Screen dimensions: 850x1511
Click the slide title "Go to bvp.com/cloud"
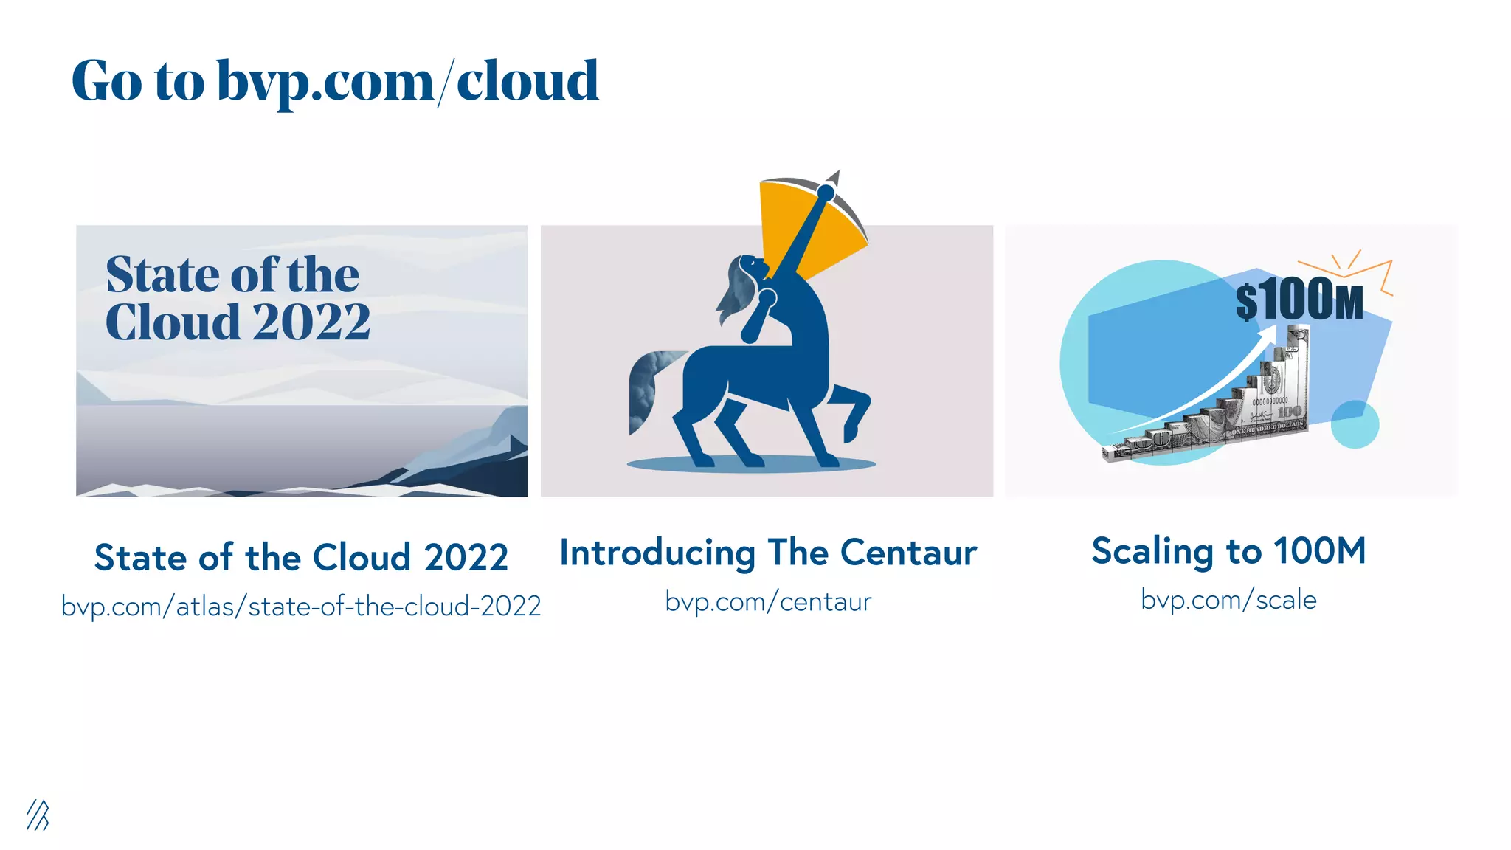coord(335,80)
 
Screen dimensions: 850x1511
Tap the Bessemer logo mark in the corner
coord(38,815)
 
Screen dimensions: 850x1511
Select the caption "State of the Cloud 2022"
coord(301,557)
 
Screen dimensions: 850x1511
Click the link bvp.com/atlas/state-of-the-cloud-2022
coord(301,607)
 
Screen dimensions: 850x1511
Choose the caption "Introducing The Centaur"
coord(768,553)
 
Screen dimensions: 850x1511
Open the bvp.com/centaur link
coord(768,602)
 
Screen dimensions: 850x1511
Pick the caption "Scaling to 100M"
coord(1228,551)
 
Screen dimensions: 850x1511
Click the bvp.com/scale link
coord(1228,600)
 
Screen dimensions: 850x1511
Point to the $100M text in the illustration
coord(1299,300)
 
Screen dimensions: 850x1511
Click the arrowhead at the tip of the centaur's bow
coord(834,178)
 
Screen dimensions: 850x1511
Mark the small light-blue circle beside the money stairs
coord(1355,424)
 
